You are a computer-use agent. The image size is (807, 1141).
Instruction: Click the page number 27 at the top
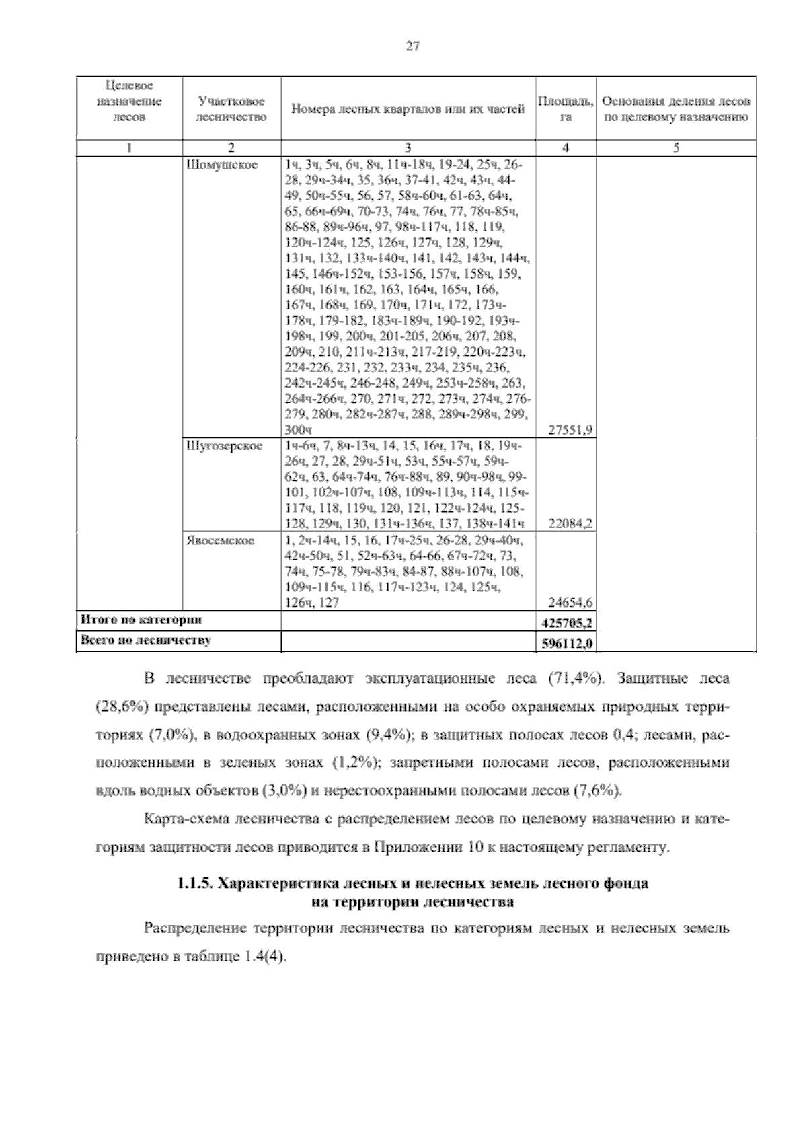pyautogui.click(x=413, y=46)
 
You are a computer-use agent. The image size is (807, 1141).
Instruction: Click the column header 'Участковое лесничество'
pyautogui.click(x=231, y=108)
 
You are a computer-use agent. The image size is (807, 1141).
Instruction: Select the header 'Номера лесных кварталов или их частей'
pyautogui.click(x=408, y=109)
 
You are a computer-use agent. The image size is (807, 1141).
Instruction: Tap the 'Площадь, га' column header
pyautogui.click(x=566, y=108)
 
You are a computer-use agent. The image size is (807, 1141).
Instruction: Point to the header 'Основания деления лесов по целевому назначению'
pyautogui.click(x=676, y=108)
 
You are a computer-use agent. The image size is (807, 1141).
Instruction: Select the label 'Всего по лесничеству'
pyautogui.click(x=145, y=641)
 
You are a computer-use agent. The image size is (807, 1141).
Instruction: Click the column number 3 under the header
pyautogui.click(x=408, y=149)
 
